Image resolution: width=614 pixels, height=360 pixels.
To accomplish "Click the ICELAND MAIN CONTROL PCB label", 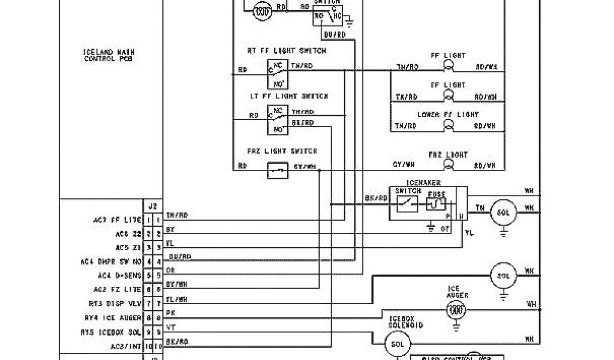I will pyautogui.click(x=109, y=55).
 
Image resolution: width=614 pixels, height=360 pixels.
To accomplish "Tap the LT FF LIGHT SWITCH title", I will pyautogui.click(x=288, y=96).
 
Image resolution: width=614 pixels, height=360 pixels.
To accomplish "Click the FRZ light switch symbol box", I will pyautogui.click(x=278, y=170).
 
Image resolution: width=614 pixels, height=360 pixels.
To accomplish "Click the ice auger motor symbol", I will pyautogui.click(x=458, y=310).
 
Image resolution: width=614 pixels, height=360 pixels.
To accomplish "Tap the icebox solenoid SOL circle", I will pyautogui.click(x=398, y=344).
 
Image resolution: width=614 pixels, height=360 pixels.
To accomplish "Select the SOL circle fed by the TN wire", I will pyautogui.click(x=502, y=212).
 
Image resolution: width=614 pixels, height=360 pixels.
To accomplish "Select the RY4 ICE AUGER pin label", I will pyautogui.click(x=112, y=317).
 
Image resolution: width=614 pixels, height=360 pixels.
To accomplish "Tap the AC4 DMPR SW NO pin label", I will pyautogui.click(x=112, y=262).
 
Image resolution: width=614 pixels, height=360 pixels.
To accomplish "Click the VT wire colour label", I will pyautogui.click(x=170, y=328).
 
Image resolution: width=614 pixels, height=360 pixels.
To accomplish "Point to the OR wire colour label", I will pyautogui.click(x=170, y=271).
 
